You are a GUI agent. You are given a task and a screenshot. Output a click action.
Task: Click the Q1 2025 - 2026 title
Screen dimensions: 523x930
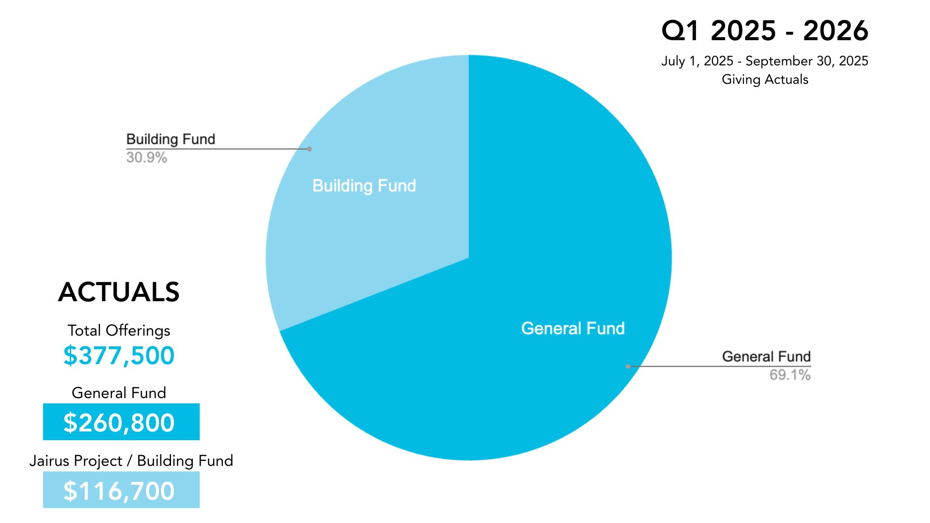tap(764, 31)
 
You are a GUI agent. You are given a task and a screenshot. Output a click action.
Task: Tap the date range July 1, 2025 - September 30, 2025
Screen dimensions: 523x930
tap(764, 61)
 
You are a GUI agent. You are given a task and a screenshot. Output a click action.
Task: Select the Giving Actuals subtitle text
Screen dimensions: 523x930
tap(764, 79)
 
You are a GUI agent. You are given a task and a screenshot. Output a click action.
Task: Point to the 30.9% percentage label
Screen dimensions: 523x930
tap(146, 157)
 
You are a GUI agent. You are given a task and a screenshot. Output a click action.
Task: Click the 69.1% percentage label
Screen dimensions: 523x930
tap(790, 375)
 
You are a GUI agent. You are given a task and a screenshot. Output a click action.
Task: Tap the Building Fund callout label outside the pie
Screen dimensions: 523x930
tap(170, 139)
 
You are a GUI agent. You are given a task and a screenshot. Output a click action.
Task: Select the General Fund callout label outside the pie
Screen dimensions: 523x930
tap(766, 356)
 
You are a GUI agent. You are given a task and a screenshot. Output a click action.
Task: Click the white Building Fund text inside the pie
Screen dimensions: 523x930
tap(364, 185)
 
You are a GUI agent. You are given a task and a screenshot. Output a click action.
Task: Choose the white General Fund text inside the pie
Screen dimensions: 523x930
tap(573, 328)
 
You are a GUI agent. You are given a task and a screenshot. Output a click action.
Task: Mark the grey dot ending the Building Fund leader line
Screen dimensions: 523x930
tap(310, 149)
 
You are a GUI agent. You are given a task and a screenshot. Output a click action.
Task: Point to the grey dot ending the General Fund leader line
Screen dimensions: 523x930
tap(628, 367)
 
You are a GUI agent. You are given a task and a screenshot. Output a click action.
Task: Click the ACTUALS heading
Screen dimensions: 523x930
tap(119, 292)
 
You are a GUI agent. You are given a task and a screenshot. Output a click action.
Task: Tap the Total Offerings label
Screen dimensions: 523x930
tap(119, 330)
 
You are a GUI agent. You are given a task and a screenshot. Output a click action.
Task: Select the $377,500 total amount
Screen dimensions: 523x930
tap(119, 355)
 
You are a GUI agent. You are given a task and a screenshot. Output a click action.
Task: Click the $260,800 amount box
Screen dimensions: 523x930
tap(121, 422)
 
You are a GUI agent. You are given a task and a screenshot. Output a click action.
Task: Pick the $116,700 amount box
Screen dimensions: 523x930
tap(121, 490)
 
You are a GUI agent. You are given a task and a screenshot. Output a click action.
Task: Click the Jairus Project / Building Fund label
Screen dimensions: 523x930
tap(131, 461)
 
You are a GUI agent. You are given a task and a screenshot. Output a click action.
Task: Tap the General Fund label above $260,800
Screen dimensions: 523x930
tap(119, 393)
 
